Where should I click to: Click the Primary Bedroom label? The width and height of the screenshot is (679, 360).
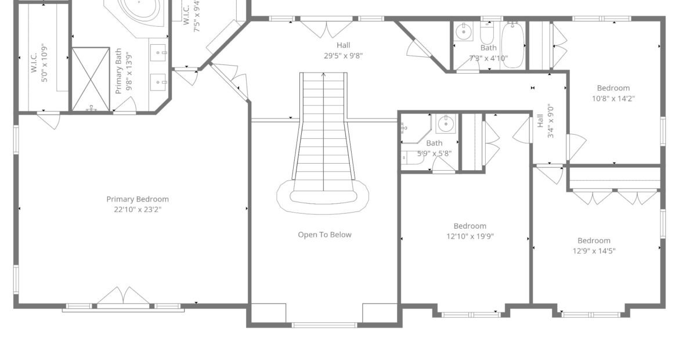tap(138, 199)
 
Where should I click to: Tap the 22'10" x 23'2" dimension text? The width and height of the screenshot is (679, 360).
tap(138, 210)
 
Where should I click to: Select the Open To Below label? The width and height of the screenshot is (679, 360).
tap(325, 235)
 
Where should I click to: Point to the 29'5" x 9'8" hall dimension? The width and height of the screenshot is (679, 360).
tap(344, 55)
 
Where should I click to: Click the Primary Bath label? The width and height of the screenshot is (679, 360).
tap(118, 71)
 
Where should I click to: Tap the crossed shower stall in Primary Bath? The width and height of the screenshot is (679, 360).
tap(91, 79)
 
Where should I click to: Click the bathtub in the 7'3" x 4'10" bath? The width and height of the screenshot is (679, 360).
tap(514, 45)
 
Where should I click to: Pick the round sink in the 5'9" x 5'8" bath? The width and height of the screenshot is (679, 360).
tap(446, 124)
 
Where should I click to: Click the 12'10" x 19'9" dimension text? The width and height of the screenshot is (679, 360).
tap(470, 236)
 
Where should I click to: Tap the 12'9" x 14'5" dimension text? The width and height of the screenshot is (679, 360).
tap(594, 251)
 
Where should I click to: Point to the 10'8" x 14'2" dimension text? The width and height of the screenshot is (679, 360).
tap(613, 98)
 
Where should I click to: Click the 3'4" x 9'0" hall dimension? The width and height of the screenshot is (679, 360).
tap(550, 121)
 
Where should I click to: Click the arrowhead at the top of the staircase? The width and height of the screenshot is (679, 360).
tap(324, 75)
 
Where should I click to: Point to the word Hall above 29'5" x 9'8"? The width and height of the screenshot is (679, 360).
tap(344, 45)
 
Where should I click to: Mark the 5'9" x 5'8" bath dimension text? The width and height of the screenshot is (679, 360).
tap(434, 153)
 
